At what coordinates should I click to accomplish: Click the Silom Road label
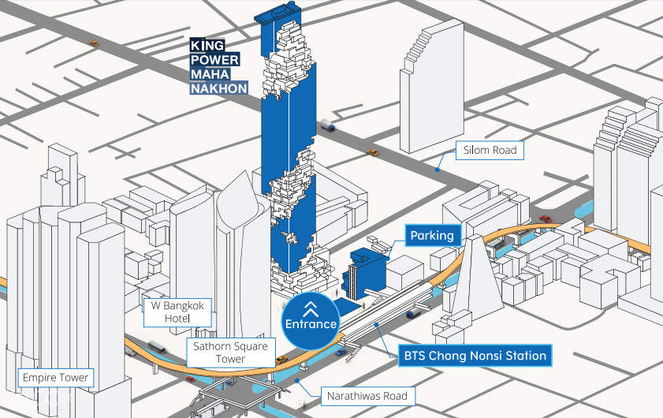click(x=490, y=149)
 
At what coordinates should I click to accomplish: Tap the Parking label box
click(x=432, y=235)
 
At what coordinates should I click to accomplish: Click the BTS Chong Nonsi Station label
click(x=475, y=356)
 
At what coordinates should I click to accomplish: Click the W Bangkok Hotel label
click(x=177, y=311)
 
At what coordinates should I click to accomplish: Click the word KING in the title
click(x=207, y=46)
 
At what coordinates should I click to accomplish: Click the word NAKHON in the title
click(x=219, y=88)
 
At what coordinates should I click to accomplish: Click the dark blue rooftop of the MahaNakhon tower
click(x=277, y=16)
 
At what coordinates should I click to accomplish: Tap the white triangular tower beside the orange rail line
click(x=476, y=272)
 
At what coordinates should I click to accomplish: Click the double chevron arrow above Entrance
click(x=311, y=308)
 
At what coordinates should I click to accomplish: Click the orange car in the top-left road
click(x=94, y=43)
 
